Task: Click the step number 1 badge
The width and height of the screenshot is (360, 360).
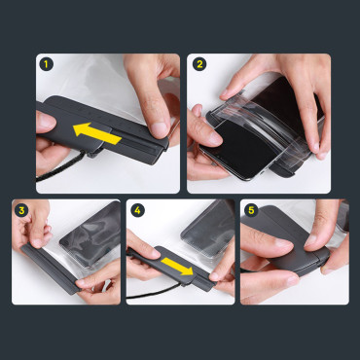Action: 45,64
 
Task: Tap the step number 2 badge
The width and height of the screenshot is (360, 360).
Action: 199,64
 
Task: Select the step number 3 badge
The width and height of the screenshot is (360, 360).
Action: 20,208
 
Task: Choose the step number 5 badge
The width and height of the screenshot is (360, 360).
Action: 250,208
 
